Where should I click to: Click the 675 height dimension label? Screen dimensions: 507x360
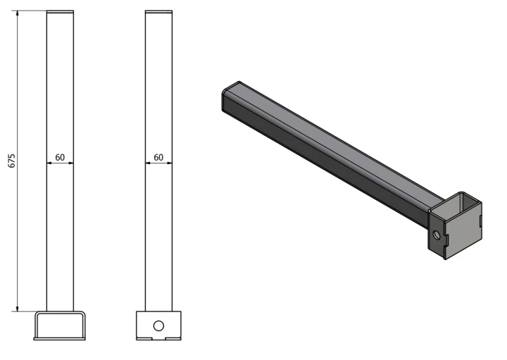12,161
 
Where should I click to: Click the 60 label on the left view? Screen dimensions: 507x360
60,158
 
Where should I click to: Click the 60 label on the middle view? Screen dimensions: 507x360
158,158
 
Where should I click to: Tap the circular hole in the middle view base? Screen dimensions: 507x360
158,325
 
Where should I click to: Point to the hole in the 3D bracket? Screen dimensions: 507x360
437,235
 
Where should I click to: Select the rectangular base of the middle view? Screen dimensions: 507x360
158,325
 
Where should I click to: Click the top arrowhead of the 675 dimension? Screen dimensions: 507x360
17,13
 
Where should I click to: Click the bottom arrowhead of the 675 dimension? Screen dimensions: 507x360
17,309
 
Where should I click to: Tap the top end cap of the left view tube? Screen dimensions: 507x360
60,12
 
